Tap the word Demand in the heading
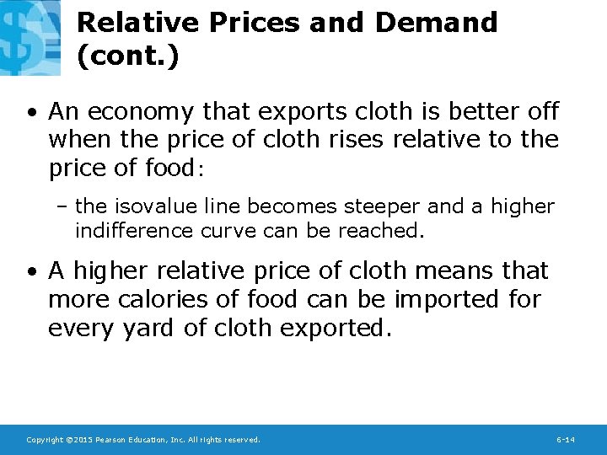pos(437,23)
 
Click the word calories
pos(171,299)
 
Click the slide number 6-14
pos(566,440)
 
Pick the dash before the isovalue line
pos(65,206)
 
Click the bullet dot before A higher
pos(31,271)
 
